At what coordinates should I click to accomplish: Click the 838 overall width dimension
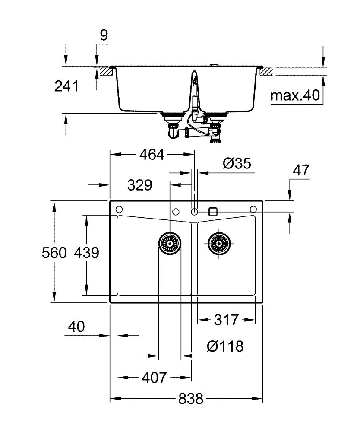click(x=191, y=399)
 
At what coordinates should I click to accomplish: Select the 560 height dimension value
click(x=54, y=253)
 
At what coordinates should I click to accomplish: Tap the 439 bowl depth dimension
click(x=86, y=253)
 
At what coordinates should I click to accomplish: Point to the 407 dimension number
click(x=154, y=378)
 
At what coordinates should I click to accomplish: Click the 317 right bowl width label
click(x=226, y=320)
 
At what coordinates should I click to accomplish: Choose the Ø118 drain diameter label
click(x=225, y=346)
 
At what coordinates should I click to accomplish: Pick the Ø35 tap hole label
click(x=237, y=163)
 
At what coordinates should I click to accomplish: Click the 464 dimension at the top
click(x=152, y=155)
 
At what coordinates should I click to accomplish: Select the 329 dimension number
click(x=140, y=185)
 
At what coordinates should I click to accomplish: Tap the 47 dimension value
click(x=301, y=171)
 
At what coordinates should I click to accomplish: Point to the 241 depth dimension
click(x=66, y=86)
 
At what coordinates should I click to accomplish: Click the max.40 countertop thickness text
click(x=295, y=95)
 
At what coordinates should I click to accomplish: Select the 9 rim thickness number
click(x=104, y=35)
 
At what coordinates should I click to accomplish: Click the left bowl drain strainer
click(x=170, y=244)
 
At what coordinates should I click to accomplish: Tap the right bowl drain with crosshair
click(x=219, y=244)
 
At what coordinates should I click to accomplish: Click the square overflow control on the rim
click(x=213, y=212)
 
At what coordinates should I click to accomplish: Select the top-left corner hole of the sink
click(x=119, y=210)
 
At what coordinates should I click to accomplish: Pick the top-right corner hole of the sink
click(x=253, y=210)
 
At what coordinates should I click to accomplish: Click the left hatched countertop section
click(x=106, y=72)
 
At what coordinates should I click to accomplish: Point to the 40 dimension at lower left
click(x=76, y=327)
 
